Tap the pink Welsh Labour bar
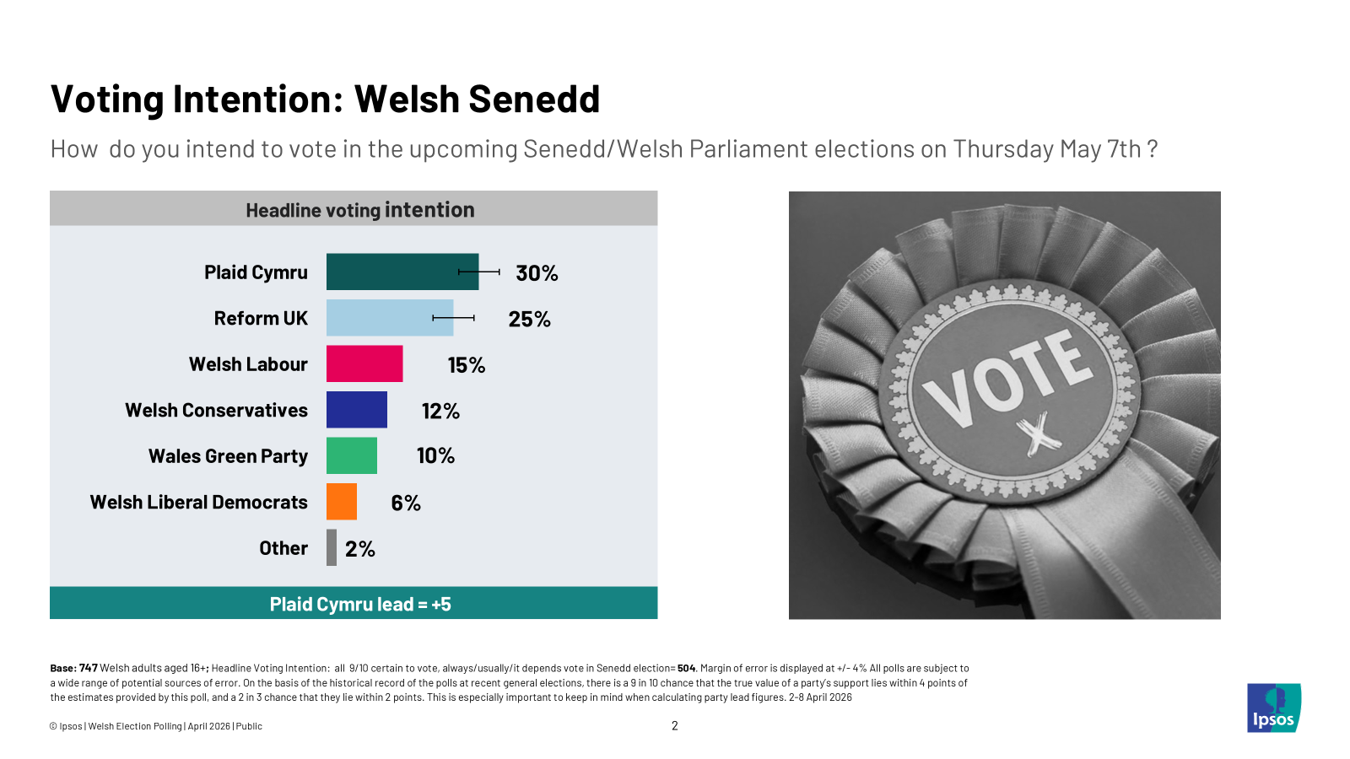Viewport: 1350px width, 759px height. click(x=364, y=363)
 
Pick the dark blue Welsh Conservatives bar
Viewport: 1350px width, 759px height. click(x=357, y=410)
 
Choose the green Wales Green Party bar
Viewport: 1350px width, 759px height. click(x=352, y=455)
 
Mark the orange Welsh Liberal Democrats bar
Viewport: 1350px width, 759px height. click(x=342, y=502)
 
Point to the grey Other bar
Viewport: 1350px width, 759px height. click(x=332, y=547)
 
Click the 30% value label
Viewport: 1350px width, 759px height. click(x=537, y=273)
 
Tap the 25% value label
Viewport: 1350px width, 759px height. click(x=529, y=319)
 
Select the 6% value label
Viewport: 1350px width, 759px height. click(x=406, y=503)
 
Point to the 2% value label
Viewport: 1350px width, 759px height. click(x=360, y=549)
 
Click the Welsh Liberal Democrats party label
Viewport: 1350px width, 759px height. click(x=199, y=502)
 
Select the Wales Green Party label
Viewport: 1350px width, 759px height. click(x=228, y=456)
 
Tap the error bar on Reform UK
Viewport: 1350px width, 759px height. click(x=454, y=318)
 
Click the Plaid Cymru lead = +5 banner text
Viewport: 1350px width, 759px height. click(x=360, y=604)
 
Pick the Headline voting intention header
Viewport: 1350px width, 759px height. click(x=360, y=210)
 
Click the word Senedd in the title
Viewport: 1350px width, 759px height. click(x=534, y=100)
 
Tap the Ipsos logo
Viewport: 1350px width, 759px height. click(x=1274, y=708)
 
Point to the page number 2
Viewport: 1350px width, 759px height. click(x=675, y=725)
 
